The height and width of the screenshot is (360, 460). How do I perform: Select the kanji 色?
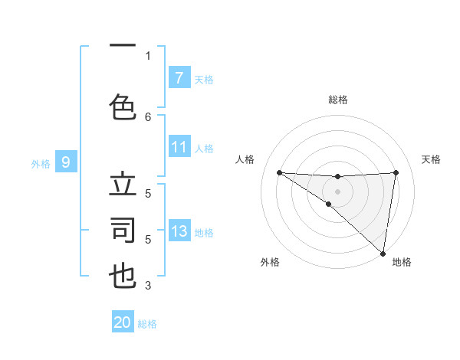click(123, 106)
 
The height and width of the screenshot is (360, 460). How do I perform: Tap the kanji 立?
click(123, 185)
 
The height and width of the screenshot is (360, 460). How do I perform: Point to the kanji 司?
click(123, 231)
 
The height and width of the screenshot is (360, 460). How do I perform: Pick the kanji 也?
click(123, 276)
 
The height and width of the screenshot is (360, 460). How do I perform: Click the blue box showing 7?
click(179, 78)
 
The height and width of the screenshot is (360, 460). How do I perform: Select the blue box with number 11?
click(179, 147)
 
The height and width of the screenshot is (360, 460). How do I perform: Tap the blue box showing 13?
click(179, 231)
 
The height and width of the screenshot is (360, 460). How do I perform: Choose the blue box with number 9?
click(66, 162)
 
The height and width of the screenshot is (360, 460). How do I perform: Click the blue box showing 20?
click(123, 322)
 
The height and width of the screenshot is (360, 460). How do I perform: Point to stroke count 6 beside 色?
click(148, 116)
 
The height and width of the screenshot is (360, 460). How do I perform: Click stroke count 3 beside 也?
click(148, 286)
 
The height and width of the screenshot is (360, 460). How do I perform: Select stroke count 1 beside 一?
click(148, 55)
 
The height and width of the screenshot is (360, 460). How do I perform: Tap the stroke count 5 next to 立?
click(148, 194)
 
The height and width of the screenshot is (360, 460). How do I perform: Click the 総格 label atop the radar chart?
click(337, 100)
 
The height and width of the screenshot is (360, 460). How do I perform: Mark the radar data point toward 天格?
click(396, 172)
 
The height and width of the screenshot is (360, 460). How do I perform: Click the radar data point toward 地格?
click(383, 253)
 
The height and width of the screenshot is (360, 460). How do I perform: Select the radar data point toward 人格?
click(279, 172)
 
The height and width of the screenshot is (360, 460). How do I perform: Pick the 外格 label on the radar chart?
click(270, 262)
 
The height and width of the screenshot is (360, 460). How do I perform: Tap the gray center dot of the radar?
click(337, 190)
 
